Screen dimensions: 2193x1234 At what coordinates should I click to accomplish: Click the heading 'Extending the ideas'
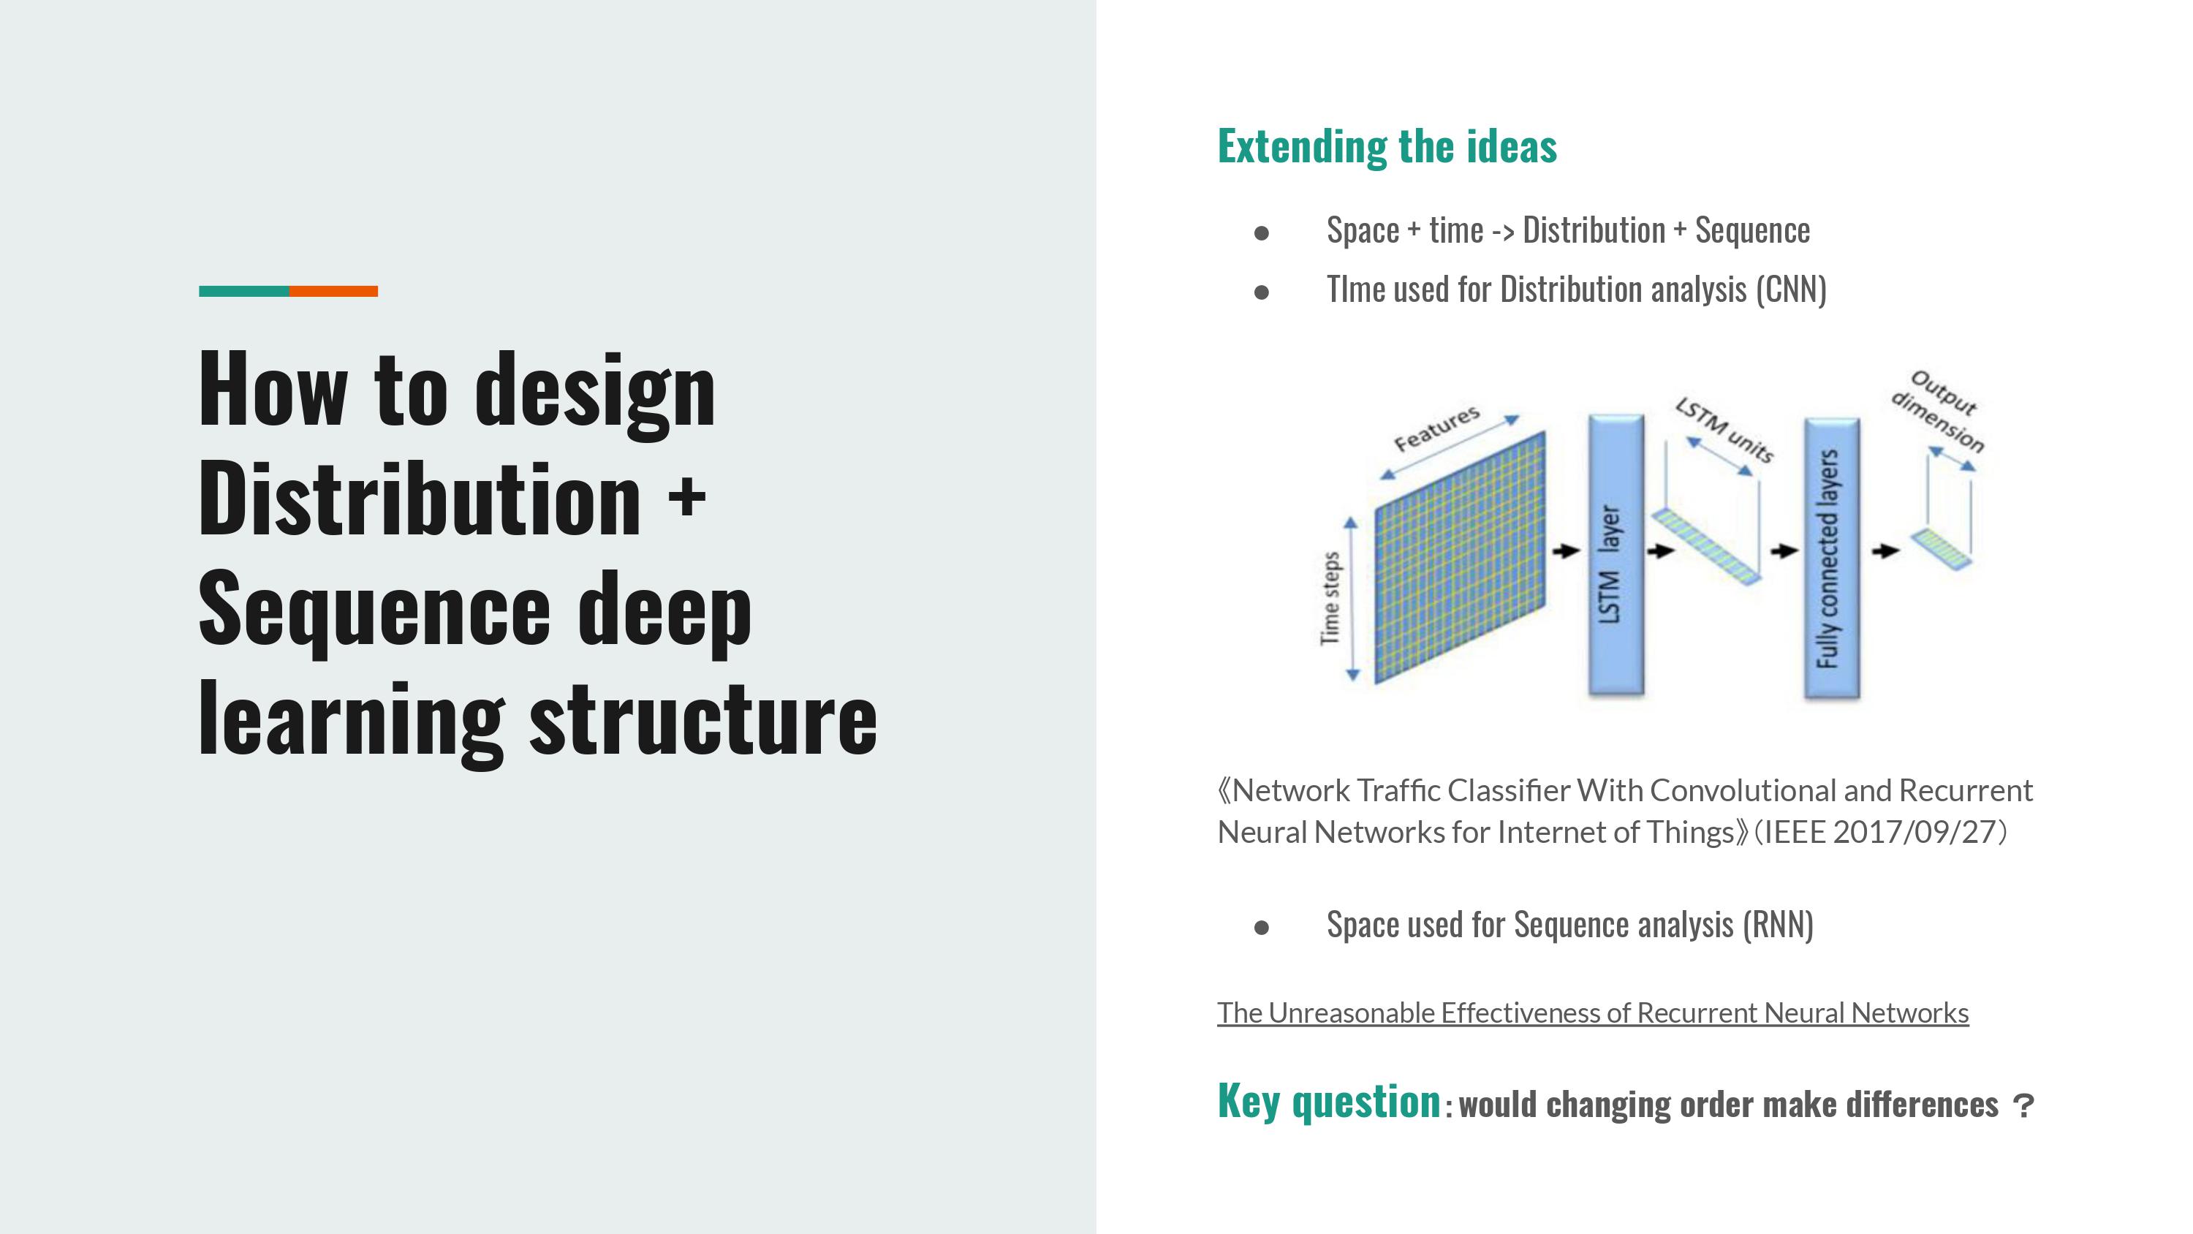[x=1387, y=146]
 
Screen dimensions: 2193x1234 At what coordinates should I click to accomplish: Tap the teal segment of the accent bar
[x=243, y=291]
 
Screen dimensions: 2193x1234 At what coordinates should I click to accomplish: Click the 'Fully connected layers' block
[x=1831, y=559]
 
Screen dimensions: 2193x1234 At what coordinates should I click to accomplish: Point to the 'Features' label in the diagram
[x=1436, y=428]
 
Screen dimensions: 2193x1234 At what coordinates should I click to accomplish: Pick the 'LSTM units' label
[x=1724, y=430]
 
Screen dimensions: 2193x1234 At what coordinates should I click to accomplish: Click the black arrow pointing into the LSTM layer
[x=1566, y=551]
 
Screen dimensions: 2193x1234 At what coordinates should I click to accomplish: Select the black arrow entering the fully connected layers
[x=1784, y=551]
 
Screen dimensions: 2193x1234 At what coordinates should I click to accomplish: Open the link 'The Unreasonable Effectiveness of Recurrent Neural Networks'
[x=1593, y=1012]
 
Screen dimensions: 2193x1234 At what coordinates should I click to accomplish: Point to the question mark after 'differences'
[x=2023, y=1106]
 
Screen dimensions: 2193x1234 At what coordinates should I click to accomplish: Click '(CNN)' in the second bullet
[x=1791, y=289]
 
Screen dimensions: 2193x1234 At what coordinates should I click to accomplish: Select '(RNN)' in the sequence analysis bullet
[x=1778, y=925]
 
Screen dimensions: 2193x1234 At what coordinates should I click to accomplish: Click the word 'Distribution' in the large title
[x=420, y=499]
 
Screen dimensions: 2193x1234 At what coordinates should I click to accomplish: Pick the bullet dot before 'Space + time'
[x=1262, y=232]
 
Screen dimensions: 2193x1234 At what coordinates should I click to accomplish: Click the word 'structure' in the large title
[x=703, y=719]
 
